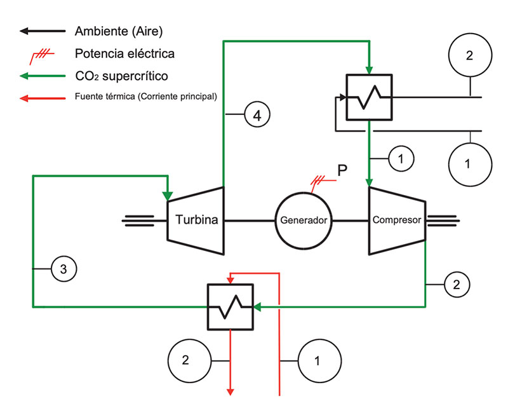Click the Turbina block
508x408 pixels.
pos(196,221)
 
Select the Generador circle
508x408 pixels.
pos(304,221)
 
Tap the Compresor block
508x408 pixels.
pos(397,221)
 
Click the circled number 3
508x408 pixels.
pos(63,269)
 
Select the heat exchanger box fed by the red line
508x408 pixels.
pos(231,307)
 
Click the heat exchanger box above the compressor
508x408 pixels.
pos(368,97)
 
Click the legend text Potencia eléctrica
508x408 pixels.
pos(124,53)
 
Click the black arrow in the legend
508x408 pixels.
pos(43,31)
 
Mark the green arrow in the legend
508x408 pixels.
pos(43,76)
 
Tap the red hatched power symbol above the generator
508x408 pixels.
pos(321,181)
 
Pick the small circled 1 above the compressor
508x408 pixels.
pos(401,158)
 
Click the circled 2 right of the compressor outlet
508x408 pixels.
pos(456,284)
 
